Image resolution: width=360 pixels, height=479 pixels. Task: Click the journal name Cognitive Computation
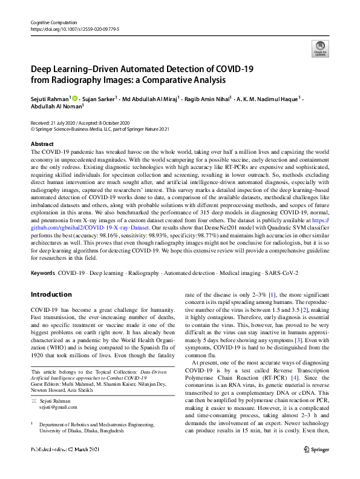pos(52,22)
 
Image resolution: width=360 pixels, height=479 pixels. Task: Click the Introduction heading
pos(51,294)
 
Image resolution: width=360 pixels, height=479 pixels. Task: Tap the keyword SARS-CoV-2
pos(281,273)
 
